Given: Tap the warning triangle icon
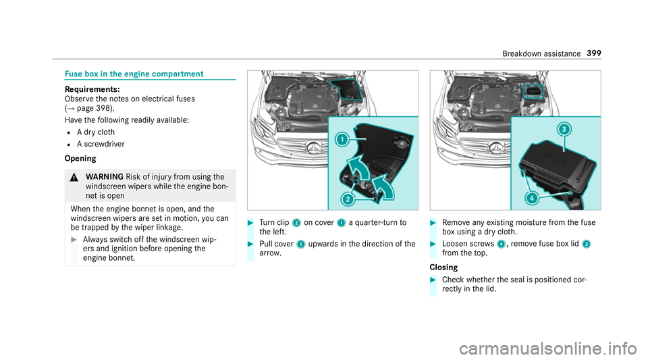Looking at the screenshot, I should coord(75,172).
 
